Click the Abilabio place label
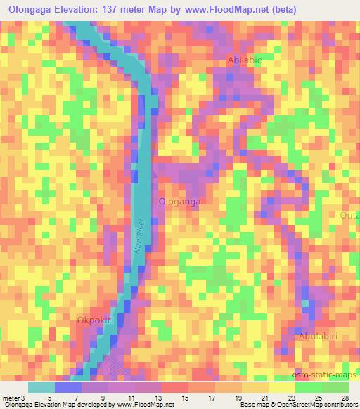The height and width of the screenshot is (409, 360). click(x=244, y=61)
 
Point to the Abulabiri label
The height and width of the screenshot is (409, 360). click(x=321, y=337)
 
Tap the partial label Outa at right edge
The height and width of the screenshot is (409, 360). click(x=350, y=215)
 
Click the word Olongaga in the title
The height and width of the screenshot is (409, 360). click(x=30, y=9)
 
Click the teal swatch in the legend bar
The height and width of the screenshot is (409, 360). click(x=41, y=387)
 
